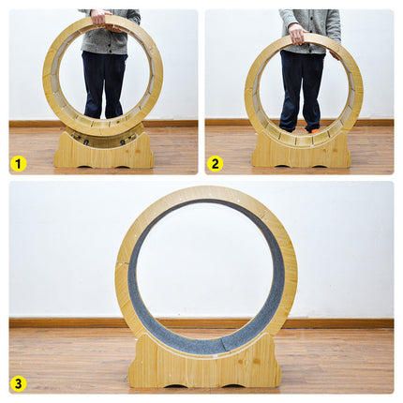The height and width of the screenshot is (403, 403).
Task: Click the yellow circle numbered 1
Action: tap(18, 164)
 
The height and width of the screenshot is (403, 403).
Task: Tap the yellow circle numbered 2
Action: tap(215, 164)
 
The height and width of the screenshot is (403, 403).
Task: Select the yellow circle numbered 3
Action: tap(18, 383)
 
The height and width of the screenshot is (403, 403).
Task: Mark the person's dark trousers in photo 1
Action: tap(104, 84)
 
